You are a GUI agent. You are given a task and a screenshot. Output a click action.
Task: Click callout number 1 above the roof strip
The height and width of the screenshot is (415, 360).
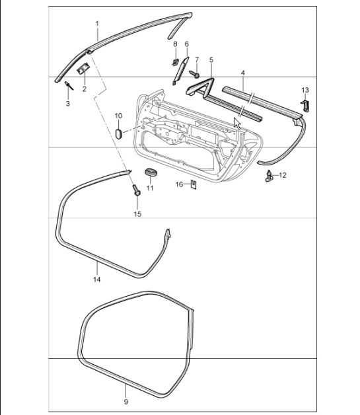96,24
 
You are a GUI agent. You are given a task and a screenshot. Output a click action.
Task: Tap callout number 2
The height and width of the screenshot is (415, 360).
84,88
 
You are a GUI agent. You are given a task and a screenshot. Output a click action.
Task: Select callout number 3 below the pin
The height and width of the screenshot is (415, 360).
67,104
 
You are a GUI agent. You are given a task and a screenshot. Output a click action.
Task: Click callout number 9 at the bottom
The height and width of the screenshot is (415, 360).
126,400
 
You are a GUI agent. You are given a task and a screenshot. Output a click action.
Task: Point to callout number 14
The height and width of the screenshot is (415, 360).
96,280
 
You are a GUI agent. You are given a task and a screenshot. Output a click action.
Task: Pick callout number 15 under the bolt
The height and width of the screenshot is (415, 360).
137,213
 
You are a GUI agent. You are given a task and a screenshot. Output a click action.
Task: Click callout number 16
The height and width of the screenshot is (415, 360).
179,184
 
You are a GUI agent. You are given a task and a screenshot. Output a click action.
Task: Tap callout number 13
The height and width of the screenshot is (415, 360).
305,89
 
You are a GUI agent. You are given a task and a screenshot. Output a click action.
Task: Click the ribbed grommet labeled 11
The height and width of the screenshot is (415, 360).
151,174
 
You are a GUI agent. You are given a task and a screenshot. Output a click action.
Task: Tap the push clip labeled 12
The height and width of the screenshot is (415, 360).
270,176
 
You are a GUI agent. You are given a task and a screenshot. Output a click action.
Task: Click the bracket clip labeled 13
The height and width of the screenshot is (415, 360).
306,105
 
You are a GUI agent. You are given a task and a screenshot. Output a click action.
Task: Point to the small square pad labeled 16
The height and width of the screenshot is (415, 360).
193,185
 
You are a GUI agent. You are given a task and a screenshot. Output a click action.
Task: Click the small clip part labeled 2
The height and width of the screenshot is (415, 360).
84,68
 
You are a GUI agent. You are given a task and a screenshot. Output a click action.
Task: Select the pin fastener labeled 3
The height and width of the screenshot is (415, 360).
69,85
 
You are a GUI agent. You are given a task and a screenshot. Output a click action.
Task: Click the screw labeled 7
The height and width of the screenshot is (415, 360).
195,74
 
